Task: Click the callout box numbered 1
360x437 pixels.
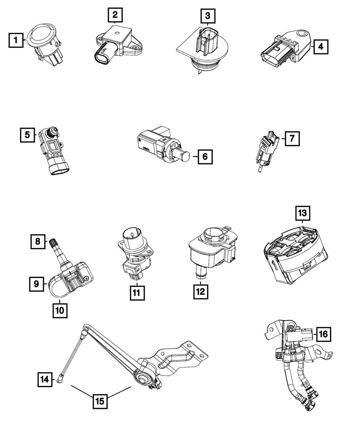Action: [16, 40]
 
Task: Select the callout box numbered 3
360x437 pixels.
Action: [208, 16]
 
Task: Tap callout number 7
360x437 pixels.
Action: [292, 138]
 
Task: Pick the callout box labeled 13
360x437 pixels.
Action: [302, 212]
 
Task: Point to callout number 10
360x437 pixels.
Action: [60, 310]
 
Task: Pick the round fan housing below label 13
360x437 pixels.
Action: [294, 254]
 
